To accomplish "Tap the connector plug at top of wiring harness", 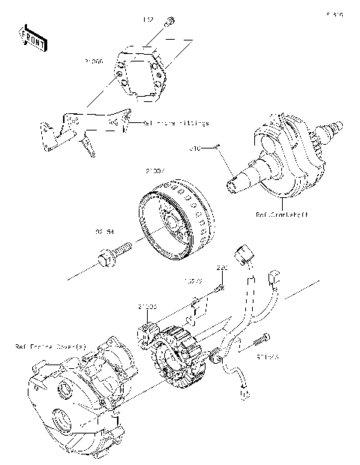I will coord(243,253).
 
